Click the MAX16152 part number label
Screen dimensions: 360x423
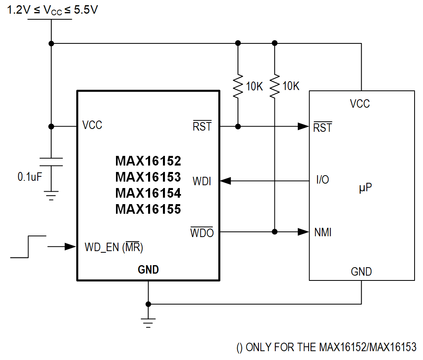pyautogui.click(x=148, y=161)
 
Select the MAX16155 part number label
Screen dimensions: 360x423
pyautogui.click(x=148, y=209)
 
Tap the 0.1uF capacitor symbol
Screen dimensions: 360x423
pyautogui.click(x=51, y=162)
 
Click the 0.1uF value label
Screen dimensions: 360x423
pyautogui.click(x=29, y=176)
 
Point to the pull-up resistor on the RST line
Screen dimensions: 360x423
pyautogui.click(x=238, y=86)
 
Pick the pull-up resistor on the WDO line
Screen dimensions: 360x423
pyautogui.click(x=275, y=86)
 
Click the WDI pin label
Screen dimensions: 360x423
pyautogui.click(x=202, y=181)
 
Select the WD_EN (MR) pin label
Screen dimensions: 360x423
pyautogui.click(x=114, y=247)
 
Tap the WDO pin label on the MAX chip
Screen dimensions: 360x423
pyautogui.click(x=202, y=232)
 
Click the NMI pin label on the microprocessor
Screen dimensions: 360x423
pyautogui.click(x=323, y=232)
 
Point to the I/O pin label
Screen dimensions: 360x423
pyautogui.click(x=322, y=180)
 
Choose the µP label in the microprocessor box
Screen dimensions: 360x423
pyautogui.click(x=365, y=187)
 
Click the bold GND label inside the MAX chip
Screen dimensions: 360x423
pyautogui.click(x=148, y=270)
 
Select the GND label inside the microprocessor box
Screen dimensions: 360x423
pyautogui.click(x=361, y=272)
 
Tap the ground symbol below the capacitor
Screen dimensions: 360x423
pyautogui.click(x=51, y=196)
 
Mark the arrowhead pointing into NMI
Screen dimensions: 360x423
pyautogui.click(x=303, y=231)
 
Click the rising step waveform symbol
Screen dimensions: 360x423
pyautogui.click(x=28, y=246)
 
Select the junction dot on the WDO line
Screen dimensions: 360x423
pyautogui.click(x=275, y=231)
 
